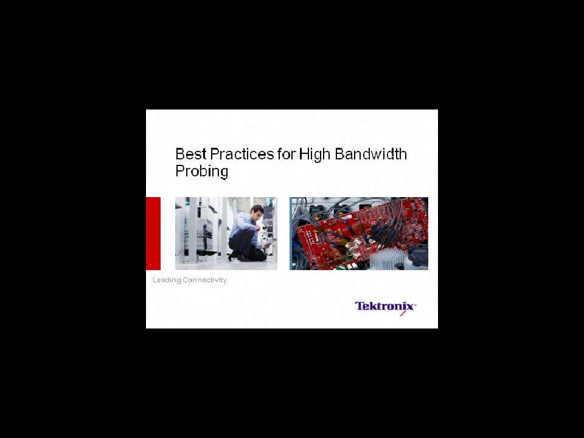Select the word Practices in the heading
pyautogui.click(x=242, y=154)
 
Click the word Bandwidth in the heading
pyautogui.click(x=370, y=154)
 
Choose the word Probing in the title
pyautogui.click(x=202, y=172)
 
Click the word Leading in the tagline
pyautogui.click(x=167, y=280)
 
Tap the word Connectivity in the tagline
pyautogui.click(x=204, y=280)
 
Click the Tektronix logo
pyautogui.click(x=386, y=307)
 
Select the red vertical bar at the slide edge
pyautogui.click(x=153, y=234)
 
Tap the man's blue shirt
pyautogui.click(x=245, y=227)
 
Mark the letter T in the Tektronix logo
pyautogui.click(x=360, y=306)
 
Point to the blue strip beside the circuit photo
pyautogui.click(x=291, y=234)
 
